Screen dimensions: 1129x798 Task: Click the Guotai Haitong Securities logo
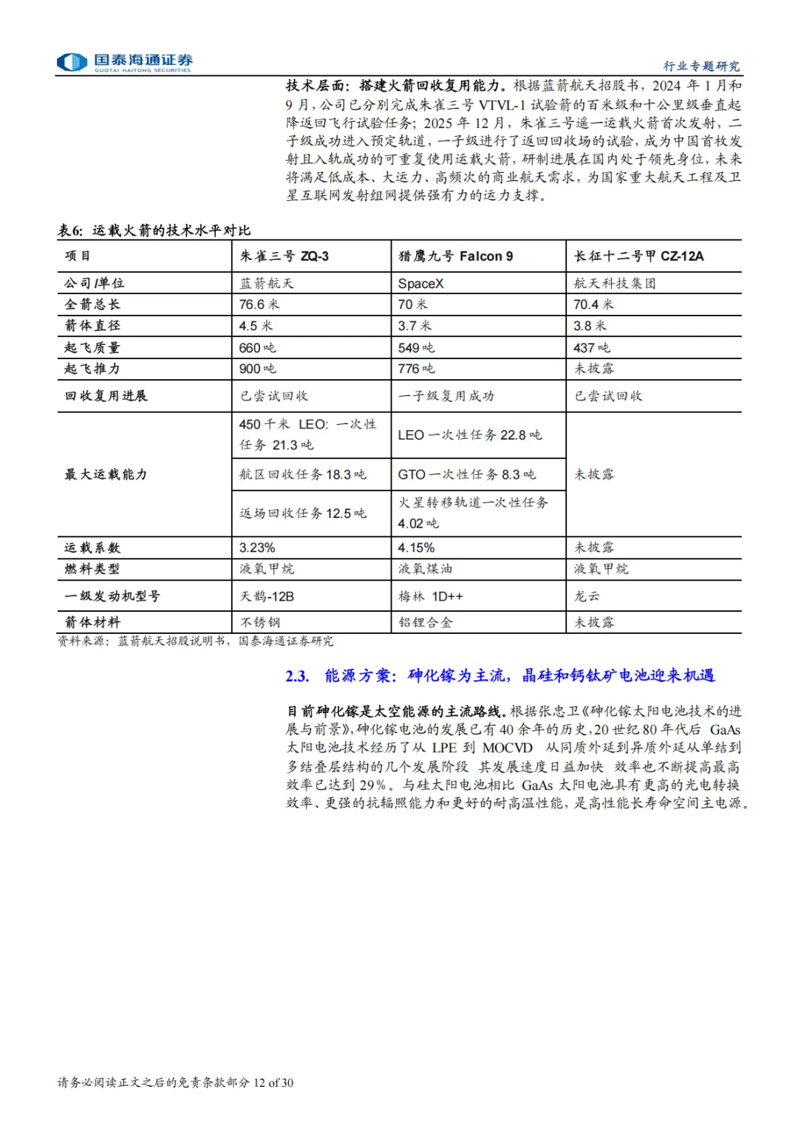click(124, 62)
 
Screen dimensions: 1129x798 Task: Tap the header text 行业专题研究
click(700, 66)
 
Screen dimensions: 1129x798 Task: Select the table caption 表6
click(71, 231)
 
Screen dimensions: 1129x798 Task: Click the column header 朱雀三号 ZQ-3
click(284, 256)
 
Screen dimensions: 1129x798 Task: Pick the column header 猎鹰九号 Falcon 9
click(455, 256)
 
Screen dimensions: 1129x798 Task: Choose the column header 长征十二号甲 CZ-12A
click(639, 256)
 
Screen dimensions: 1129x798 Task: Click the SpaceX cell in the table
click(421, 284)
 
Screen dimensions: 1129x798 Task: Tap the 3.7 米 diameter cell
click(415, 326)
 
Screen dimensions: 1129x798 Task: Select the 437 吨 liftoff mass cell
click(592, 347)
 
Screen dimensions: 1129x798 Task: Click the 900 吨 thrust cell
click(257, 369)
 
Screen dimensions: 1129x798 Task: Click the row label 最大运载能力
click(106, 474)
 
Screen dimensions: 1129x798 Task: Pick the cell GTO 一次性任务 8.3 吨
click(467, 474)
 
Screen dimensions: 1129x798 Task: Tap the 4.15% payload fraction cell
click(416, 548)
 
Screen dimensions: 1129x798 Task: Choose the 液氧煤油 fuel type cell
click(425, 569)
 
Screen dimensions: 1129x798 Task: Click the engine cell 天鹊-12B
click(267, 596)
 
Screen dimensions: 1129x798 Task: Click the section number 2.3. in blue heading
click(297, 676)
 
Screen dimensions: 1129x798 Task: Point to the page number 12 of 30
click(273, 1082)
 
